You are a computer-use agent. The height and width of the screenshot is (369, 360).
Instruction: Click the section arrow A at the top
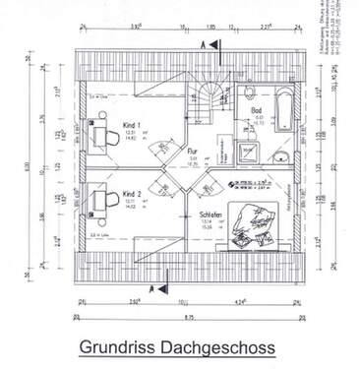[204, 45]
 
